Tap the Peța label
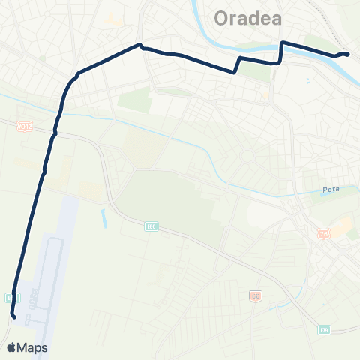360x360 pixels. pyautogui.click(x=331, y=190)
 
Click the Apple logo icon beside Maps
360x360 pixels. pyautogui.click(x=12, y=347)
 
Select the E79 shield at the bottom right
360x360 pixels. pyautogui.click(x=323, y=329)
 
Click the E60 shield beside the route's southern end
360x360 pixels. pyautogui.click(x=10, y=297)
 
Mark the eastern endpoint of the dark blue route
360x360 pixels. pyautogui.click(x=347, y=54)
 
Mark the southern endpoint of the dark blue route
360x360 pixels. pyautogui.click(x=14, y=317)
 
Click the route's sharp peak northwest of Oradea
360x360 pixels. pyautogui.click(x=139, y=44)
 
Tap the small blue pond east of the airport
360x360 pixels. pyautogui.click(x=103, y=217)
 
